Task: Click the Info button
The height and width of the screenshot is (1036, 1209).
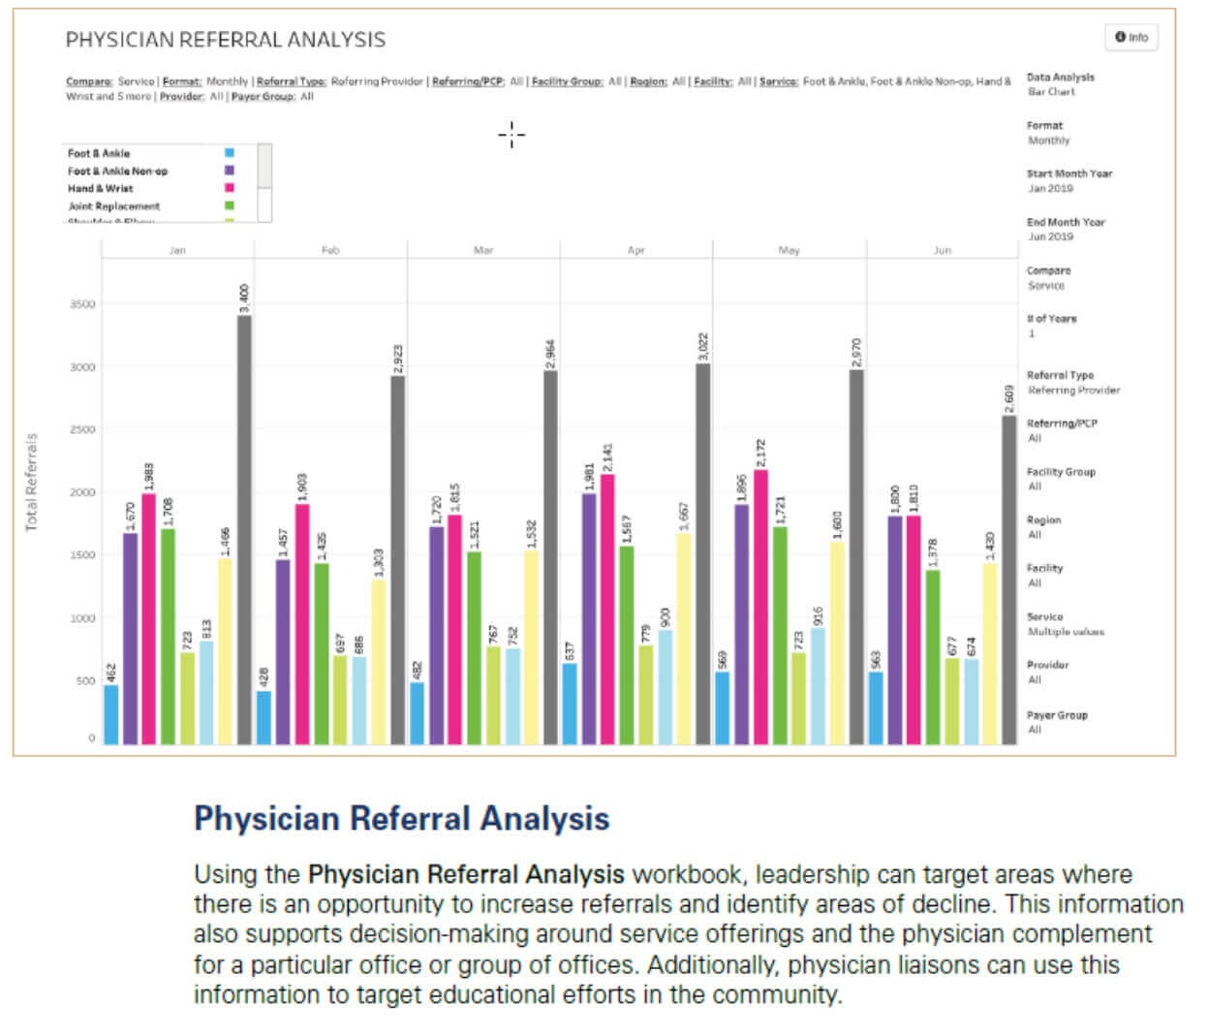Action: (x=1131, y=37)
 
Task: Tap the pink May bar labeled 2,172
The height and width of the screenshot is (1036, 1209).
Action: (x=761, y=607)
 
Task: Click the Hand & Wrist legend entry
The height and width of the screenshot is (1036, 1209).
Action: (x=101, y=188)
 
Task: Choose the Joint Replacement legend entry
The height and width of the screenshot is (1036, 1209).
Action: (x=113, y=205)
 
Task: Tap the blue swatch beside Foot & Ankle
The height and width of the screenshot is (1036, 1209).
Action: (x=230, y=153)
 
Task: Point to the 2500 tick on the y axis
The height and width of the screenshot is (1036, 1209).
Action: (x=82, y=429)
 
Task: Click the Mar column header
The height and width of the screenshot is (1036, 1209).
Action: (x=483, y=250)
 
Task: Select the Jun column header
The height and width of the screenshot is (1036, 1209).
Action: (x=942, y=250)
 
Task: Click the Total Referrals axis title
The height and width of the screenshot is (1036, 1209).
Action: (x=32, y=482)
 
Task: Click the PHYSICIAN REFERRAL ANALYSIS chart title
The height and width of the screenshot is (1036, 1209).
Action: (x=225, y=40)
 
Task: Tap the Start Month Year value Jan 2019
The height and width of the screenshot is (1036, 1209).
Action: (x=1049, y=188)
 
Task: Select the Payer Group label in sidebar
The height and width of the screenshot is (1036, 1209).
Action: (x=1057, y=715)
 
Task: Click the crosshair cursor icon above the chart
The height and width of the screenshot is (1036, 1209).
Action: (x=511, y=135)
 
